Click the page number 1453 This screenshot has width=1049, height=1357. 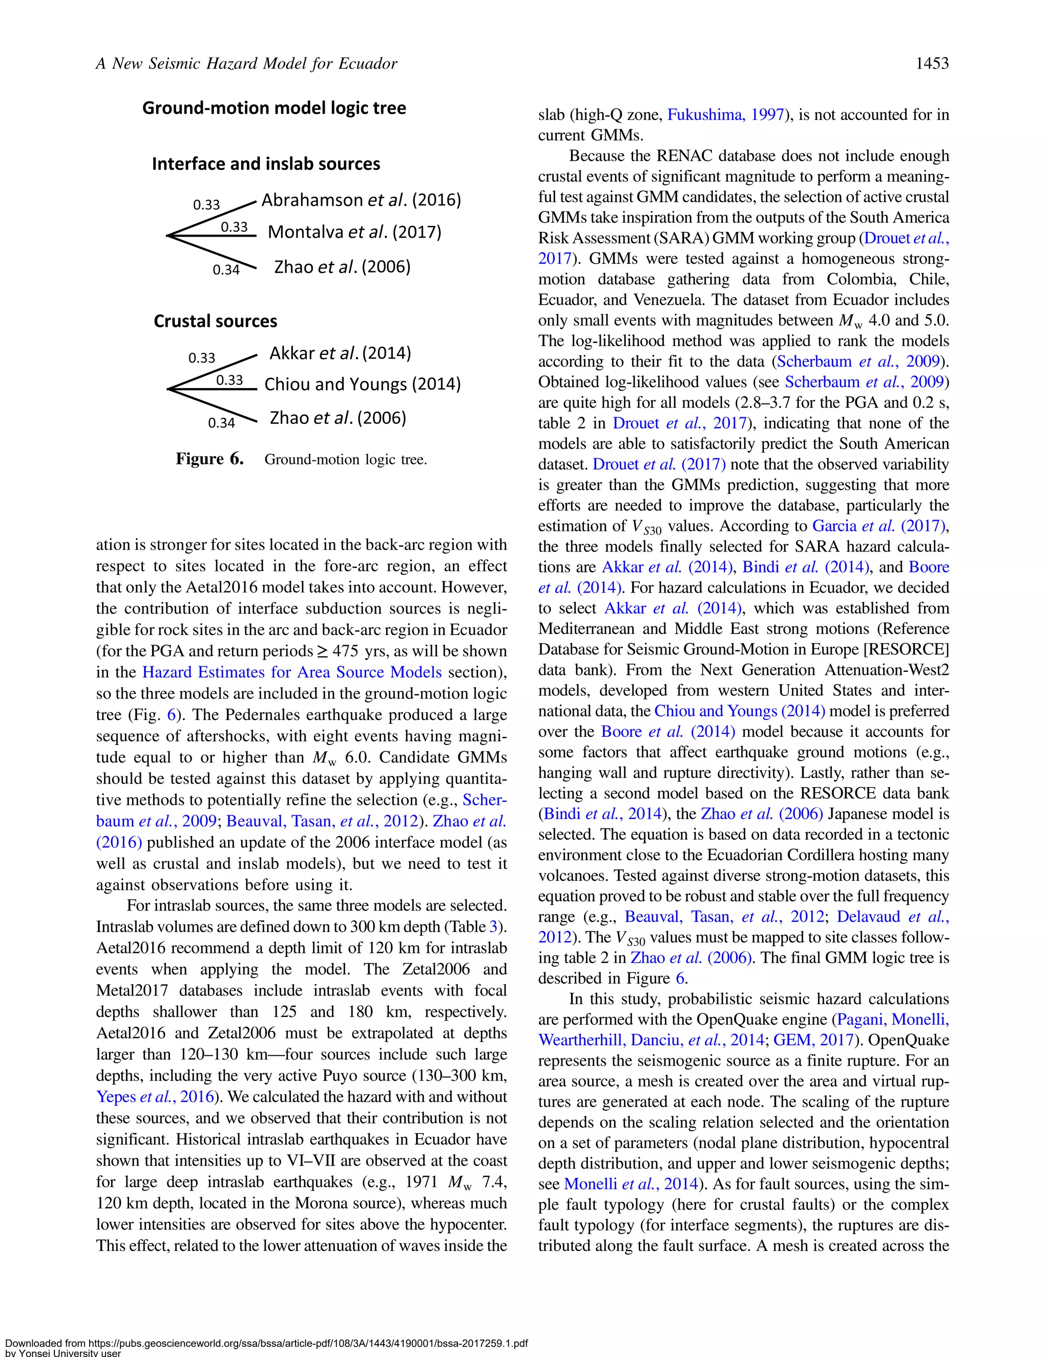pyautogui.click(x=932, y=63)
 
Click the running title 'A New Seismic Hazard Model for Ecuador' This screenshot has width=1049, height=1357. pyautogui.click(x=246, y=63)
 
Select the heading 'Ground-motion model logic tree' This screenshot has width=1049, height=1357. pyautogui.click(x=274, y=108)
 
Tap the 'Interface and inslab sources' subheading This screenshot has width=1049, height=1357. pyautogui.click(x=266, y=164)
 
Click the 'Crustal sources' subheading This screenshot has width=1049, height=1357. pyautogui.click(x=215, y=321)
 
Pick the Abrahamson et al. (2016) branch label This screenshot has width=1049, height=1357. pyautogui.click(x=361, y=200)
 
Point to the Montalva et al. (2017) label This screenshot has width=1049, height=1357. pyautogui.click(x=354, y=232)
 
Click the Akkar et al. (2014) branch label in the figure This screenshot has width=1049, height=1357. pyautogui.click(x=340, y=353)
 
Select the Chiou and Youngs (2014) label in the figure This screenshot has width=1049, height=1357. pyautogui.click(x=362, y=385)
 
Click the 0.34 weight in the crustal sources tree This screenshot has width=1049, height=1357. pyautogui.click(x=221, y=423)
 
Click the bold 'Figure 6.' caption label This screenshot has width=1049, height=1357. pyautogui.click(x=209, y=459)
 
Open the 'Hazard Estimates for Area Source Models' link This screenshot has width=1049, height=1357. pyautogui.click(x=292, y=672)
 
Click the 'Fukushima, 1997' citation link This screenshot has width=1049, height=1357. pyautogui.click(x=725, y=115)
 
